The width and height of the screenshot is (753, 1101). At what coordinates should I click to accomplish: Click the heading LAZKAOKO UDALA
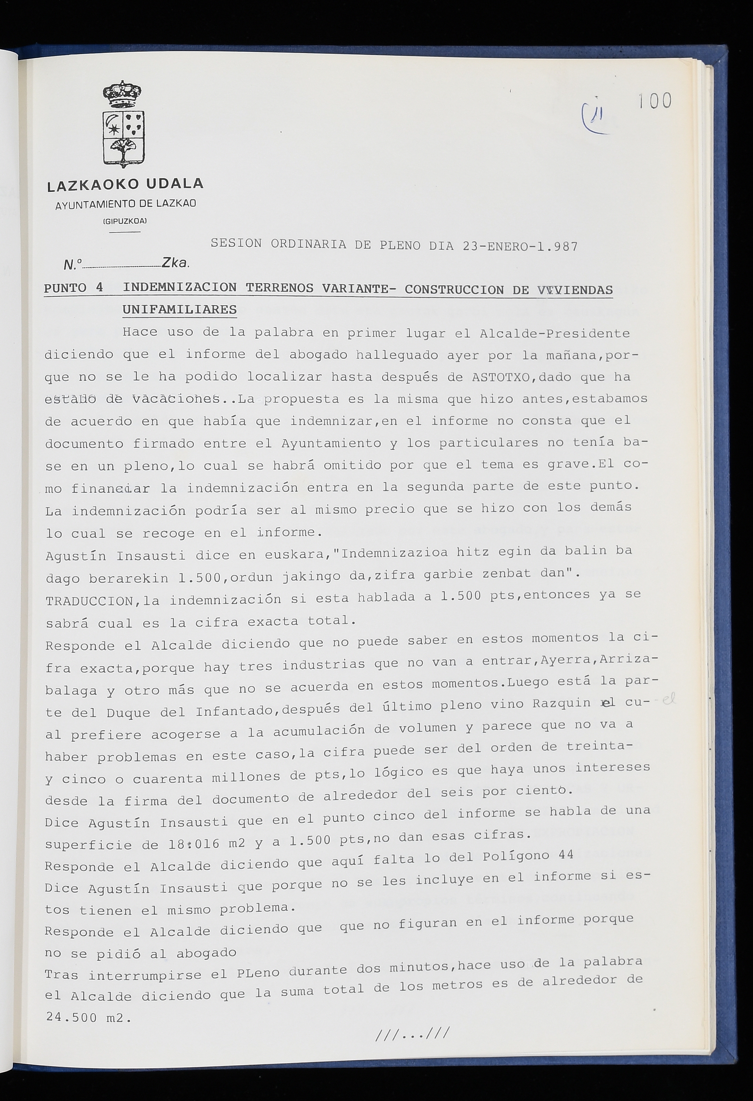click(x=126, y=184)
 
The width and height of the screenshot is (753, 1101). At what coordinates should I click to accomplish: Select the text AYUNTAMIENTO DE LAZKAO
click(x=126, y=204)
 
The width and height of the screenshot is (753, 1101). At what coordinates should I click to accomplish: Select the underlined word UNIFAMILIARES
click(x=180, y=310)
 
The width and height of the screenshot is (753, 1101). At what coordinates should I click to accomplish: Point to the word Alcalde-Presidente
click(x=554, y=334)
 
